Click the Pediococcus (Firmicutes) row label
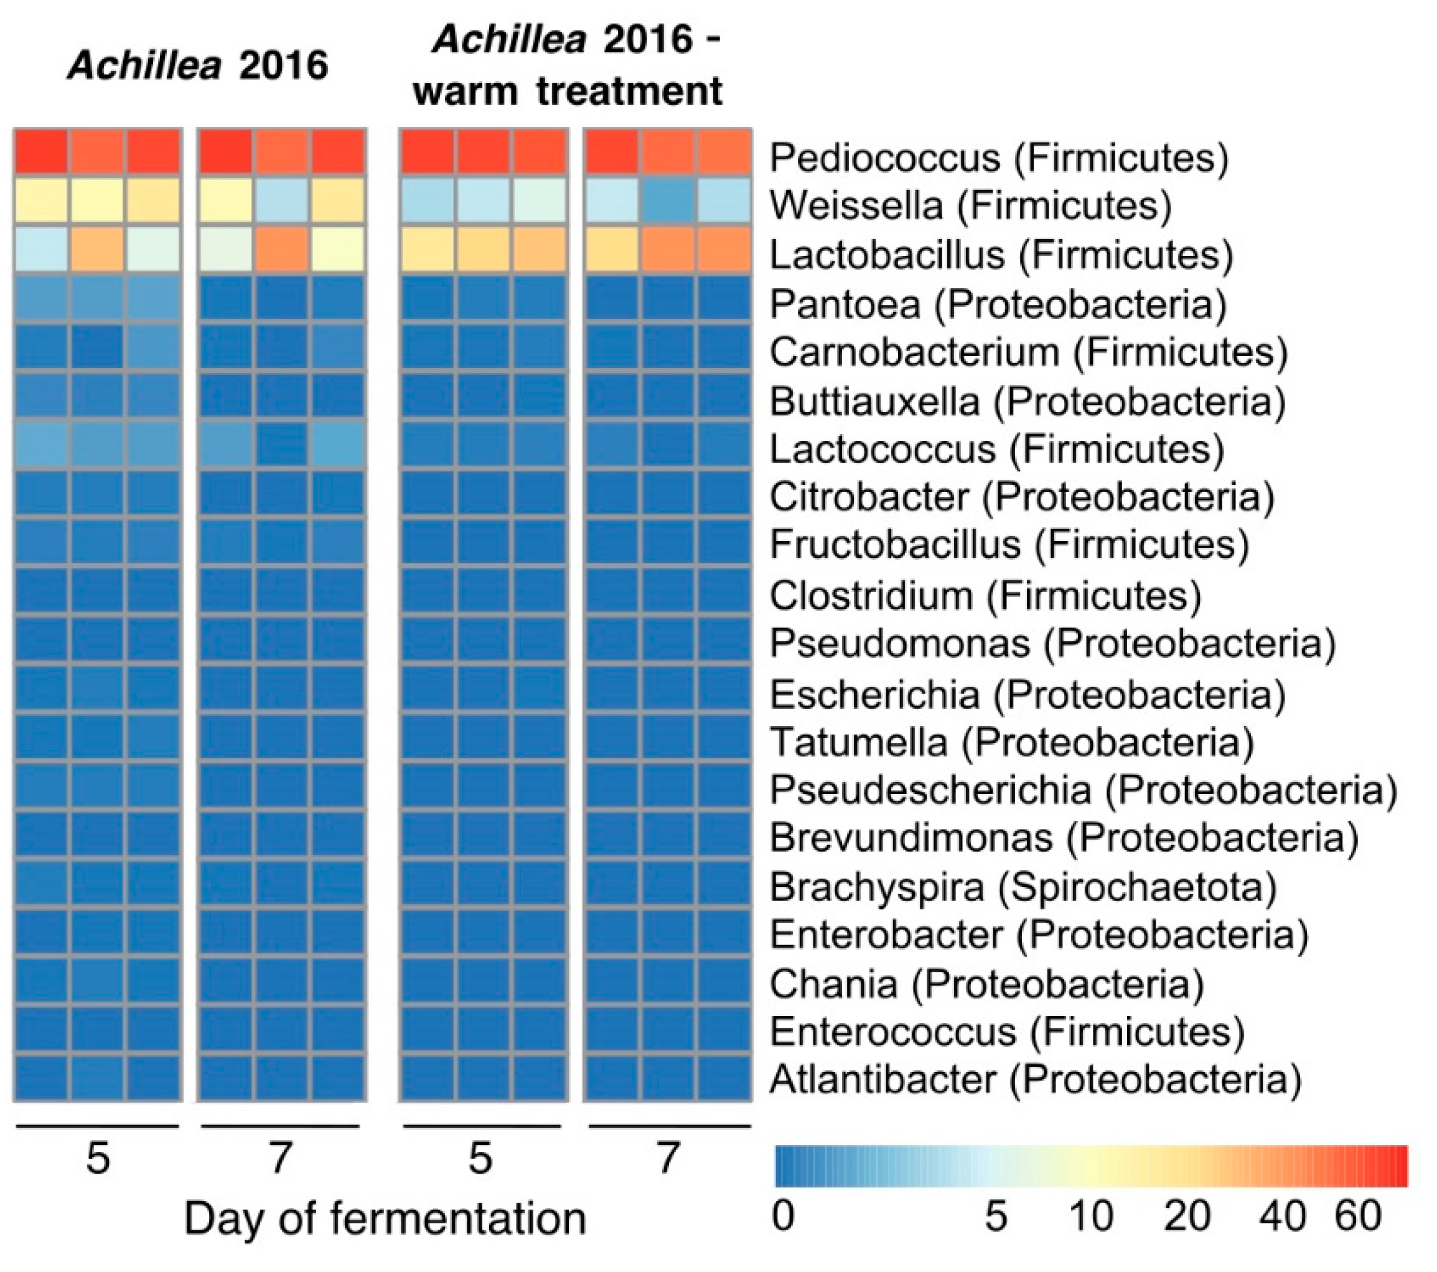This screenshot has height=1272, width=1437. click(x=998, y=158)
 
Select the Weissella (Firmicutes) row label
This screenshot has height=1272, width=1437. click(x=970, y=205)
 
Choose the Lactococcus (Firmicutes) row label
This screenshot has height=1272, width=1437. click(x=996, y=449)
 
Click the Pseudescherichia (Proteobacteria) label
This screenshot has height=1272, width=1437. click(x=1083, y=789)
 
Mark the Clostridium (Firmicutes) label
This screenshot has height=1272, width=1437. click(x=985, y=596)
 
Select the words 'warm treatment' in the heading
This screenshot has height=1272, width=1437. click(x=568, y=92)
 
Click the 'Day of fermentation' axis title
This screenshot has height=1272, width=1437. click(x=385, y=1218)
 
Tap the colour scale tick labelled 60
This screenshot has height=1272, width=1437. click(x=1357, y=1215)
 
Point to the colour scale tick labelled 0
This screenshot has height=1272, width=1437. click(x=782, y=1215)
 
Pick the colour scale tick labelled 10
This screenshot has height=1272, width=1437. click(x=1091, y=1215)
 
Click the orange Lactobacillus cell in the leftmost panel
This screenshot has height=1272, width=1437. click(x=97, y=249)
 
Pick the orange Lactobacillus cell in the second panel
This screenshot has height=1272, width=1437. click(x=281, y=249)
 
